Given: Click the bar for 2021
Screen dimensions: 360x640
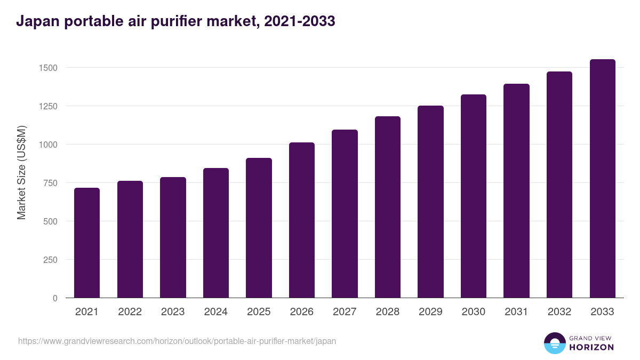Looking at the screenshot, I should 87,243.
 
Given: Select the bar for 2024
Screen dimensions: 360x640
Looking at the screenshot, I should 216,233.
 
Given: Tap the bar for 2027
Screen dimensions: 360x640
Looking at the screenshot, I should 345,214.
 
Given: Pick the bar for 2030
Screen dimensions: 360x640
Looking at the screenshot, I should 474,196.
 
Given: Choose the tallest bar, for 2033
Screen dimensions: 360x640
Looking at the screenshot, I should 602,179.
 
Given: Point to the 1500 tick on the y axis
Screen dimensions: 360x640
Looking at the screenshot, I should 47,68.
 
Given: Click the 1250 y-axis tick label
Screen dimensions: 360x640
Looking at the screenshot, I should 47,106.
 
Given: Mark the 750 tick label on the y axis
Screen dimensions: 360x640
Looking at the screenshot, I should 50,183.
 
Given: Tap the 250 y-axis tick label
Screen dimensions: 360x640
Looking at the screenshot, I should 50,260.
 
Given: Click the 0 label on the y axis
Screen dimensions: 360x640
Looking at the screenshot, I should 54,298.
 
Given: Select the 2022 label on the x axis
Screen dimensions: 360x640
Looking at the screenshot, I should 130,312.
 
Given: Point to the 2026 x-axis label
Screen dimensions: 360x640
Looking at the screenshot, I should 302,312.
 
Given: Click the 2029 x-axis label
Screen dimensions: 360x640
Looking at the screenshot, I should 430,312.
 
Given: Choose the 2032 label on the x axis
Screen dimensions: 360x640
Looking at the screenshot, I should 559,312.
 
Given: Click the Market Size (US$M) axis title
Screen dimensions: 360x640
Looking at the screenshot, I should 21,172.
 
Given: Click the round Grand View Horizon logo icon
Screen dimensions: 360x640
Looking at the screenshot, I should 554,343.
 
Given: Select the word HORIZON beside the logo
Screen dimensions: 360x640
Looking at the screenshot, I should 591,347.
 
